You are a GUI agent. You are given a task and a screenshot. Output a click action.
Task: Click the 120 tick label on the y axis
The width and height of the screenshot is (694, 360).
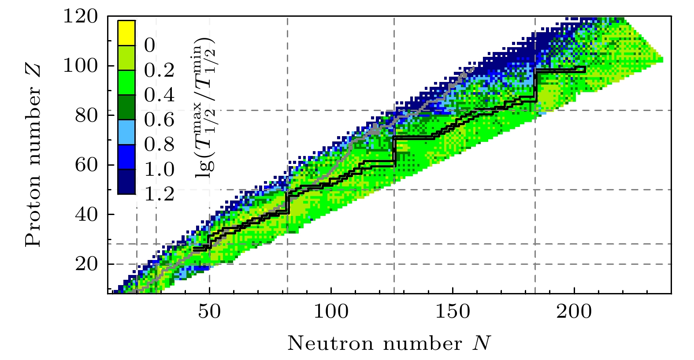click(80, 17)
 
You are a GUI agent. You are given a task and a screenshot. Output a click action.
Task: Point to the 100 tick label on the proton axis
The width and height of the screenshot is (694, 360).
click(80, 66)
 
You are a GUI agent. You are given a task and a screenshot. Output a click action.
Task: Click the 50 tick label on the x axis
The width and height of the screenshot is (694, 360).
click(209, 312)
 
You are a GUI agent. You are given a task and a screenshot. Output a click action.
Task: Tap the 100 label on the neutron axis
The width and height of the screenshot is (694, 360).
click(331, 312)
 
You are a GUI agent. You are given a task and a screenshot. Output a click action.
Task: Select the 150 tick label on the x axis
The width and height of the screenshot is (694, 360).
click(453, 312)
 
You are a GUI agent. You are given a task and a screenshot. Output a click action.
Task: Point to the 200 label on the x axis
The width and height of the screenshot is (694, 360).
click(574, 312)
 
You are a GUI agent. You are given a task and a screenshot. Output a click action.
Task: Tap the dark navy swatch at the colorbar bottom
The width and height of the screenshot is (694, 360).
click(126, 182)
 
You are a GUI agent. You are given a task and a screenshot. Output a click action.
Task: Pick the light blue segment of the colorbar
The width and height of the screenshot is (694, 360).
click(126, 132)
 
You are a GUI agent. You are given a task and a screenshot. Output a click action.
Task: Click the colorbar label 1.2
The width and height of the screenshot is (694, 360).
click(159, 194)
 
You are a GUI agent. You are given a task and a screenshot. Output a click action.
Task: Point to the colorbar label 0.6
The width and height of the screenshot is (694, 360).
click(159, 120)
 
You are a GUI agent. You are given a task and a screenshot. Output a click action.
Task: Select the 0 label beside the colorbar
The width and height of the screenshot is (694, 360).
click(150, 45)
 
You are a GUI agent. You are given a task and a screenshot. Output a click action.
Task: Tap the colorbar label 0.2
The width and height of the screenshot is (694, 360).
click(159, 70)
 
